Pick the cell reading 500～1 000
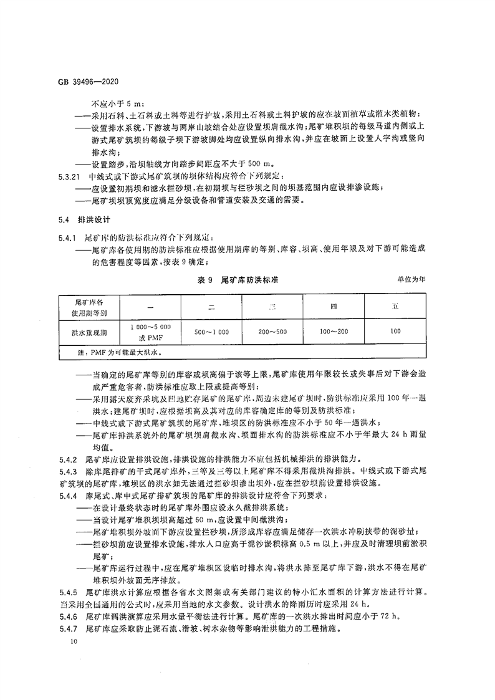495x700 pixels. (212, 332)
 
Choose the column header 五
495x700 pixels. (395, 306)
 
